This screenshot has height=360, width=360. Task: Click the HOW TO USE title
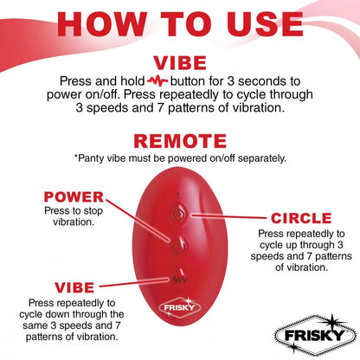click(x=180, y=25)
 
